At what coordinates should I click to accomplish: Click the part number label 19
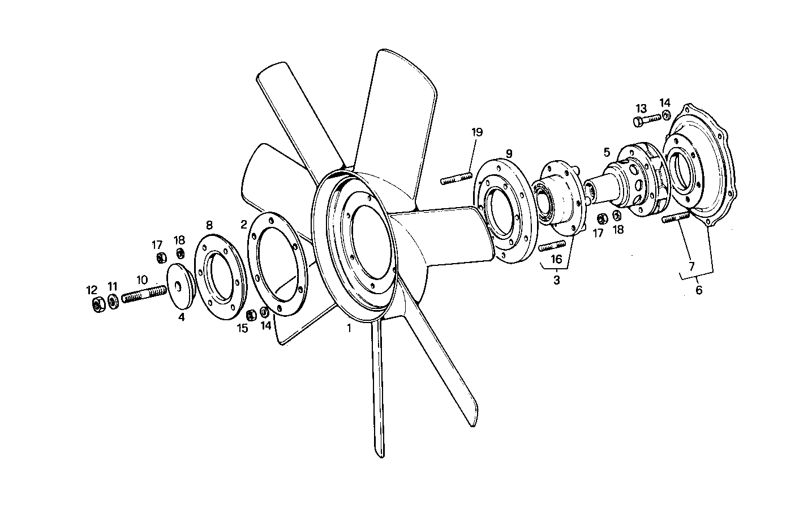point(476,132)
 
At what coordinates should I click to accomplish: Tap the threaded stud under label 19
point(456,179)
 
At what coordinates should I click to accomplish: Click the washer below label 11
point(113,302)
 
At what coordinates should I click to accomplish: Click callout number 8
point(209,225)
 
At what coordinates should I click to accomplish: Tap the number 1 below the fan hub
point(349,328)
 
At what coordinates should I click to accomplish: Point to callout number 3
point(556,279)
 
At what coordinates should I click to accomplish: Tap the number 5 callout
point(607,152)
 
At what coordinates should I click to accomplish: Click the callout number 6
point(698,290)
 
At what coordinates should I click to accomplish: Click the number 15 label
point(242,328)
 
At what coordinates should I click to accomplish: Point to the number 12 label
point(92,290)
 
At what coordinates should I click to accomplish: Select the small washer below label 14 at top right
point(667,115)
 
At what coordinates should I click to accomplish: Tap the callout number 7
point(691,265)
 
